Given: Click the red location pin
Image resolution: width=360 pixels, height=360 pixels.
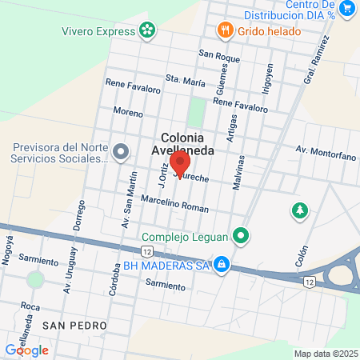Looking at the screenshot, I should click(180, 164).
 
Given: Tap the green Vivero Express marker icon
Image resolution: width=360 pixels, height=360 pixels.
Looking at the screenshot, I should click(147, 31).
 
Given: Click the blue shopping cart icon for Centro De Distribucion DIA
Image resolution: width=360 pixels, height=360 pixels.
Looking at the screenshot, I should click(346, 8).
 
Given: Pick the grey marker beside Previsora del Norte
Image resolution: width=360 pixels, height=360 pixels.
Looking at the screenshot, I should click(121, 151).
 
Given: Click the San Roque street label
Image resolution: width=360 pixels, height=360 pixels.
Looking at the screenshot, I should click(219, 56).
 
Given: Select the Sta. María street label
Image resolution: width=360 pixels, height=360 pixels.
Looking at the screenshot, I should click(182, 78).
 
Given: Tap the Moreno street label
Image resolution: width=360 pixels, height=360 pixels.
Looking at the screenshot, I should click(128, 111).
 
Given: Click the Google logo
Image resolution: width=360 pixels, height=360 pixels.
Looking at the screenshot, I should click(26, 350).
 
